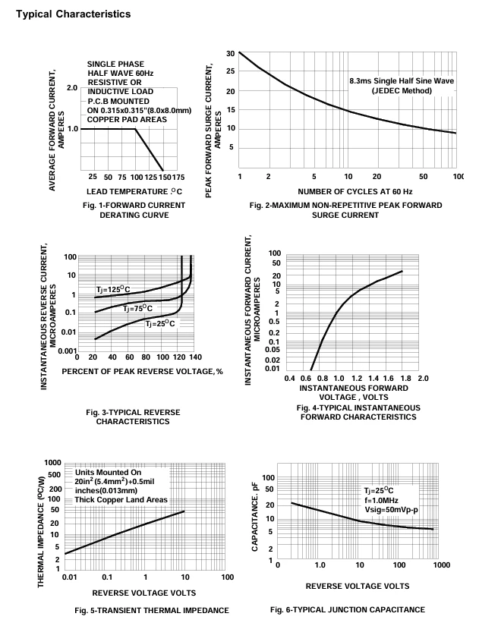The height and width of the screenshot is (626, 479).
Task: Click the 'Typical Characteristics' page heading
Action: tap(73, 14)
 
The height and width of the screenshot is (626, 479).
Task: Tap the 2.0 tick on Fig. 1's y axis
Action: tap(72, 88)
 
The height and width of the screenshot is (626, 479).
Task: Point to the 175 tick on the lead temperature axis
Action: tap(178, 177)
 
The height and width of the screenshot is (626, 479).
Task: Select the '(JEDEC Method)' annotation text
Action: tap(402, 90)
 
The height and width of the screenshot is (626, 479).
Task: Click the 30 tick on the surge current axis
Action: tap(231, 54)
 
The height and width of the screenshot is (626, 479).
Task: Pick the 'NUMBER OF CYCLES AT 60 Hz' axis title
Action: tap(355, 192)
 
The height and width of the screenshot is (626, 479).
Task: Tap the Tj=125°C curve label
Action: tap(113, 289)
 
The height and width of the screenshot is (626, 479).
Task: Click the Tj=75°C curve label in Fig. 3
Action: tap(137, 309)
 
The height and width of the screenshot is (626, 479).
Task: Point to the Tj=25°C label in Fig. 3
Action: tap(160, 323)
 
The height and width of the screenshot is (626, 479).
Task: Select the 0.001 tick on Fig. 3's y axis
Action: tap(68, 351)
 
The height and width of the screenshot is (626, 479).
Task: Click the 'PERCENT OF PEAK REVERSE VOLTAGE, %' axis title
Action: tap(142, 372)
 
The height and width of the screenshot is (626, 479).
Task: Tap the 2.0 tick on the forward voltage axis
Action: tap(423, 378)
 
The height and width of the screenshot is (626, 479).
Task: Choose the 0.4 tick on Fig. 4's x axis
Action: tap(290, 378)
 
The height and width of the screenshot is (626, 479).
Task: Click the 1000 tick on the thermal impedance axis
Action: tap(52, 463)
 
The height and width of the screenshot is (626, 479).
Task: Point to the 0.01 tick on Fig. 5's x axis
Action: tap(70, 577)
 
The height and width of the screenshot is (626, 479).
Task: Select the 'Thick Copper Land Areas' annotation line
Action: tap(121, 500)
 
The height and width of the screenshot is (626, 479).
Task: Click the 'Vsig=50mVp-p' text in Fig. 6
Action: tap(392, 510)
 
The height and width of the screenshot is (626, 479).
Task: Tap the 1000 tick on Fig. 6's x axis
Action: tap(442, 565)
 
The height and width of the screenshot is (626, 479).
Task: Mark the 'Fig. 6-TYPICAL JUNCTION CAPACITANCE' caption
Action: tap(348, 609)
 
